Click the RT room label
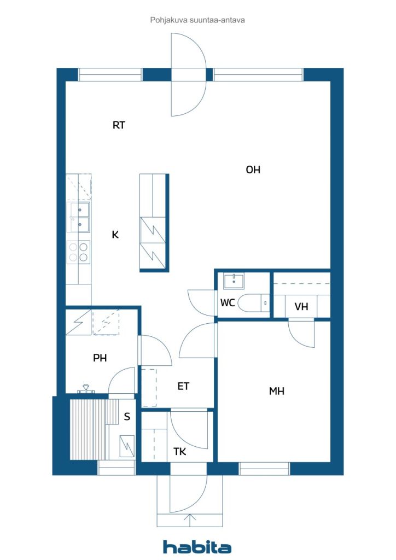[x=119, y=125]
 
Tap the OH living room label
[x=253, y=170]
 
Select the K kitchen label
[x=115, y=235]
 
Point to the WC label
[x=228, y=302]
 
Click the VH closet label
[x=301, y=307]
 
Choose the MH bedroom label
[x=277, y=391]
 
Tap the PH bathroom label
[x=100, y=358]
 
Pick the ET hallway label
[x=183, y=386]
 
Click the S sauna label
[x=127, y=417]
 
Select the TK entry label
[x=180, y=452]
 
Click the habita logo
[x=197, y=547]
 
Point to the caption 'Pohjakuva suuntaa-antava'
[x=197, y=20]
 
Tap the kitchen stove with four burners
[x=79, y=253]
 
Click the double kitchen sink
[x=79, y=216]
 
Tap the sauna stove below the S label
[x=127, y=445]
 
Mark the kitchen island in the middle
[x=154, y=222]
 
